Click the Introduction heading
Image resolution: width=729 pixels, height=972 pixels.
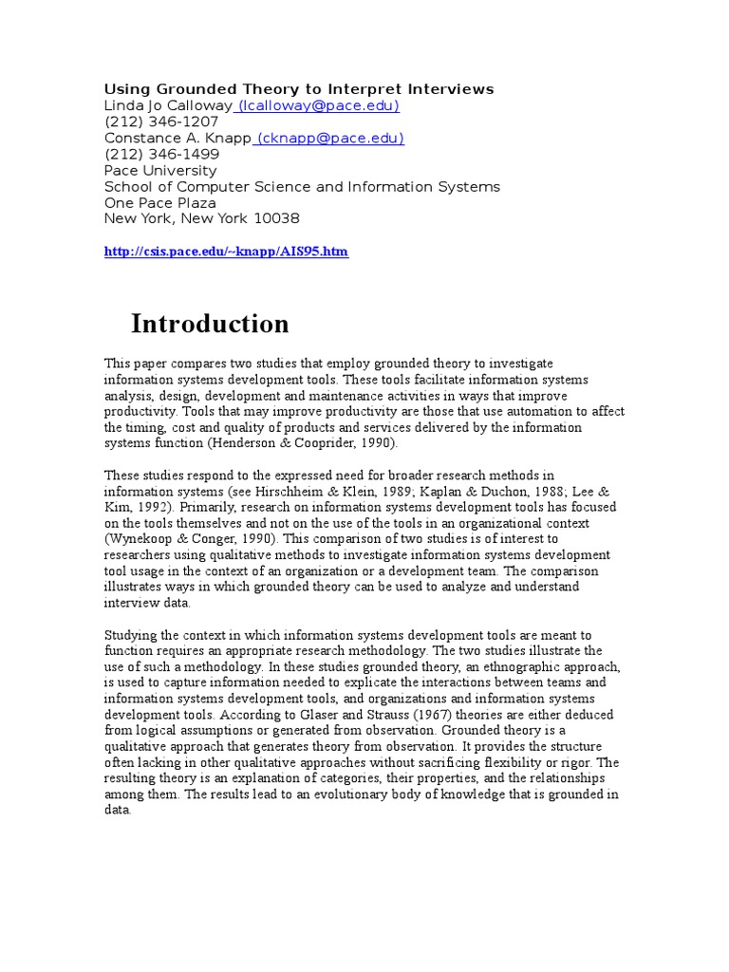(x=210, y=324)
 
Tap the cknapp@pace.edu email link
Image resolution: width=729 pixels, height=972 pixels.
(x=329, y=138)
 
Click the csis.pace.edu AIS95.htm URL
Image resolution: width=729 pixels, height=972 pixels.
(x=226, y=252)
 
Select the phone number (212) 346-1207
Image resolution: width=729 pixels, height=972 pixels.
(x=161, y=121)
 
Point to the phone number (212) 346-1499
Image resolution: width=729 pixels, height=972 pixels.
(x=161, y=154)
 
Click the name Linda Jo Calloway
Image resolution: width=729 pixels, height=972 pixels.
(x=168, y=105)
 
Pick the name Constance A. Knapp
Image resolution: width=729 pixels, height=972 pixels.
(x=178, y=138)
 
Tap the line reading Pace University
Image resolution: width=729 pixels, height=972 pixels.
(x=159, y=170)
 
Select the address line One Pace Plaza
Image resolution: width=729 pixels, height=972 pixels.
(x=159, y=202)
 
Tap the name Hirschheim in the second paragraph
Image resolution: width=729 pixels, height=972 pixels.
(x=314, y=490)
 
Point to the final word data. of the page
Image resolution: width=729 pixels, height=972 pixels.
(x=118, y=810)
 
